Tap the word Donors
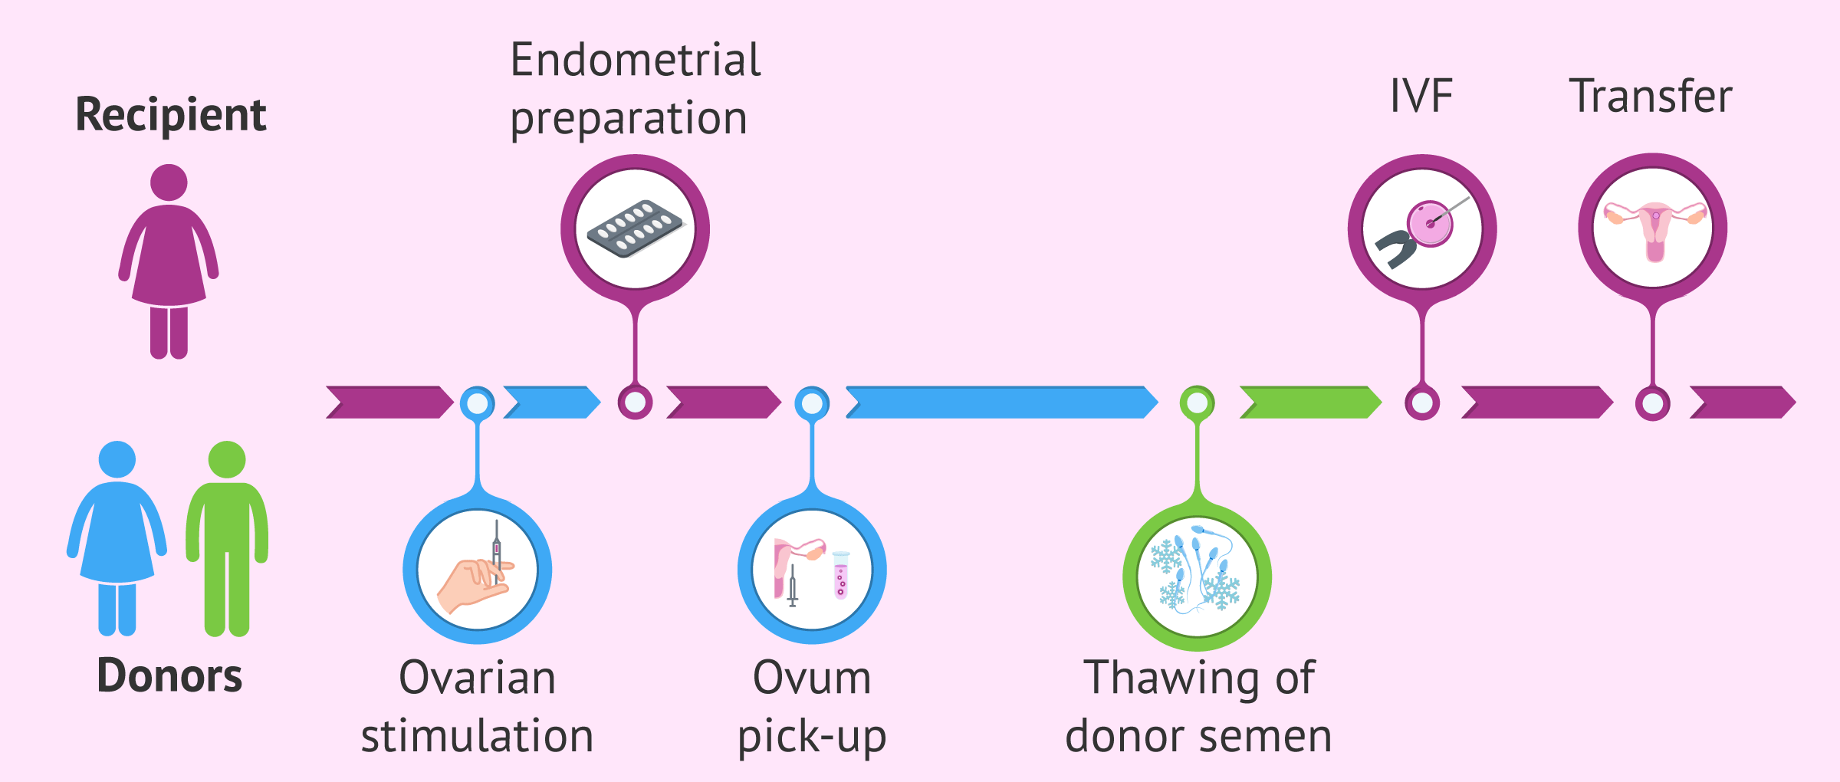click(x=169, y=675)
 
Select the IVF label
click(x=1421, y=97)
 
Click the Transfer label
click(x=1651, y=96)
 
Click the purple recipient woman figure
click(x=169, y=261)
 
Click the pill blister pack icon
click(x=635, y=228)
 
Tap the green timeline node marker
click(x=1198, y=402)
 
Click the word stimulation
click(x=477, y=736)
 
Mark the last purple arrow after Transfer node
click(x=1743, y=402)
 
